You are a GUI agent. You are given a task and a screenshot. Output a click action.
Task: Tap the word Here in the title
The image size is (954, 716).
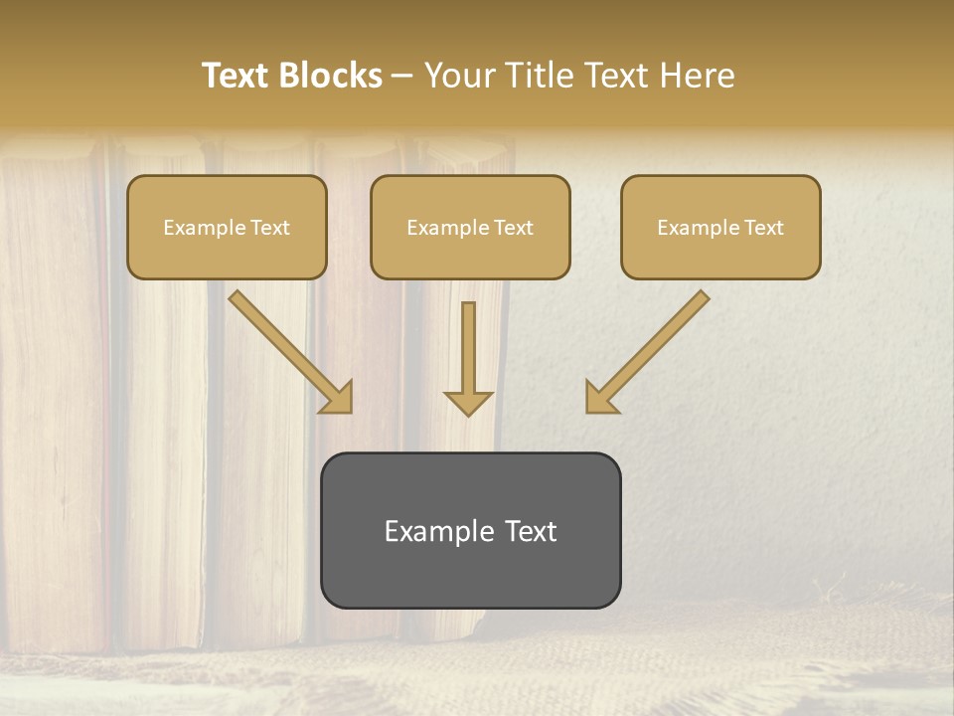(x=696, y=76)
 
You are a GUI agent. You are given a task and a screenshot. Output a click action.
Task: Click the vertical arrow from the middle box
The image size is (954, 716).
(x=468, y=348)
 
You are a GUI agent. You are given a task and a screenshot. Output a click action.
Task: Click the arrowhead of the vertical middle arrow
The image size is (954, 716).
(x=468, y=402)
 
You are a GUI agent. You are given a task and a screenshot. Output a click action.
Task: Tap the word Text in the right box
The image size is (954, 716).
(x=763, y=228)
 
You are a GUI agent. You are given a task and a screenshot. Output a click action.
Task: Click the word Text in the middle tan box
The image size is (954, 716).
(x=513, y=228)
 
